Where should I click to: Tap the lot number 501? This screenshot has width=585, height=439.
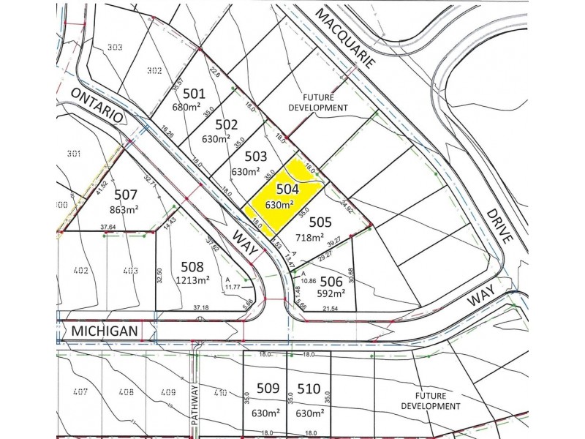coord(194,93)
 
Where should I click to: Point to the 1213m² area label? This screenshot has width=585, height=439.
coord(191,279)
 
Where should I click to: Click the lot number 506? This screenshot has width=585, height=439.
coord(332,282)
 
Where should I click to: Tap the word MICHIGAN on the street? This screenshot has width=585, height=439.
coord(105,331)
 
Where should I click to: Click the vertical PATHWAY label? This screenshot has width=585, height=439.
coord(195,408)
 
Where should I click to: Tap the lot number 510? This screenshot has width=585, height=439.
coord(309,389)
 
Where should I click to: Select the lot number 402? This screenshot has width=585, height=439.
coord(80,271)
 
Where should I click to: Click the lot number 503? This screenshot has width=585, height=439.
coord(256,157)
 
